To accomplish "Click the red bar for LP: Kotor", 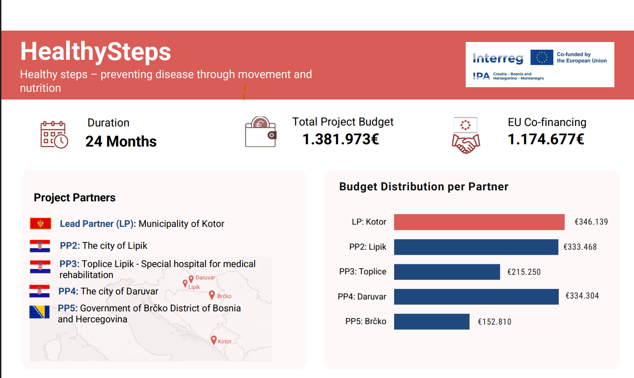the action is tap(479, 222).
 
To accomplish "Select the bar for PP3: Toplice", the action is tap(447, 272).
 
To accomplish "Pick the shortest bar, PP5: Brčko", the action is tap(431, 321).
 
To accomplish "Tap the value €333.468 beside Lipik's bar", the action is tap(580, 247).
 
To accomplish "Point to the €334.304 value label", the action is tap(582, 296).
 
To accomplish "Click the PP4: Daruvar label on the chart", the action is tap(362, 297).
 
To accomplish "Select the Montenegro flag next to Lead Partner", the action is tap(41, 223).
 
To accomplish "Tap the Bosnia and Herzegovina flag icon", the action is tap(39, 312).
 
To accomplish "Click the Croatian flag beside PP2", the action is tap(40, 246).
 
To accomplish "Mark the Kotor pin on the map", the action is tap(214, 340).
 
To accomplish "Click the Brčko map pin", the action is tap(212, 295).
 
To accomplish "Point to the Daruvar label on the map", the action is tap(205, 278).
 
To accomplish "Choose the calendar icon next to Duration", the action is tap(54, 135).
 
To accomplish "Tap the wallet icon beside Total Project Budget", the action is tap(260, 132).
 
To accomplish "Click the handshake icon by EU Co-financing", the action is tap(466, 136).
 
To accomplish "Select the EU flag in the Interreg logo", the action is tap(542, 57).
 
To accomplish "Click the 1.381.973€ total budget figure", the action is tap(341, 139).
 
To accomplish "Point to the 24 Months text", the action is tap(121, 142).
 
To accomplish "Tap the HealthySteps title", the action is tap(96, 52).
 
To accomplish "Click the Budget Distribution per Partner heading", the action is tap(424, 187).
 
